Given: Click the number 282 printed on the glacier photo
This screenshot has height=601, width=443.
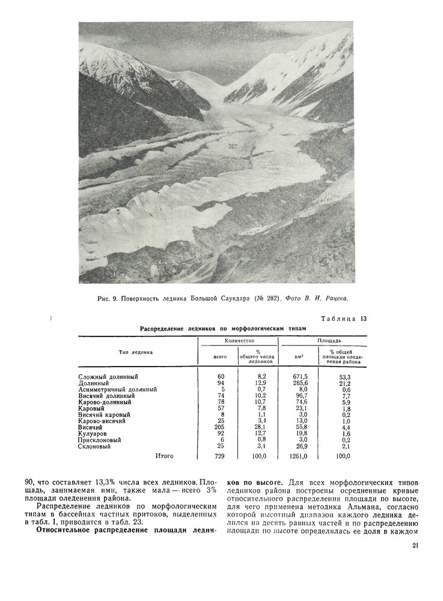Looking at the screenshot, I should tap(234, 146).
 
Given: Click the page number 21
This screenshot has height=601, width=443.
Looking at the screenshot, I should tap(416, 546).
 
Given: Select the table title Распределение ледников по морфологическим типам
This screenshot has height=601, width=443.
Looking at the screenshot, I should tap(223, 329).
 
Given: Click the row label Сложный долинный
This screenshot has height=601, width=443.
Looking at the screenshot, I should tap(108, 377).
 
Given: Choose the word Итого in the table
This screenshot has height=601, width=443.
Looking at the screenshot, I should tap(164, 456).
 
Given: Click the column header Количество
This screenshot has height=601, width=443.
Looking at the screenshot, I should tap(237, 341).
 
